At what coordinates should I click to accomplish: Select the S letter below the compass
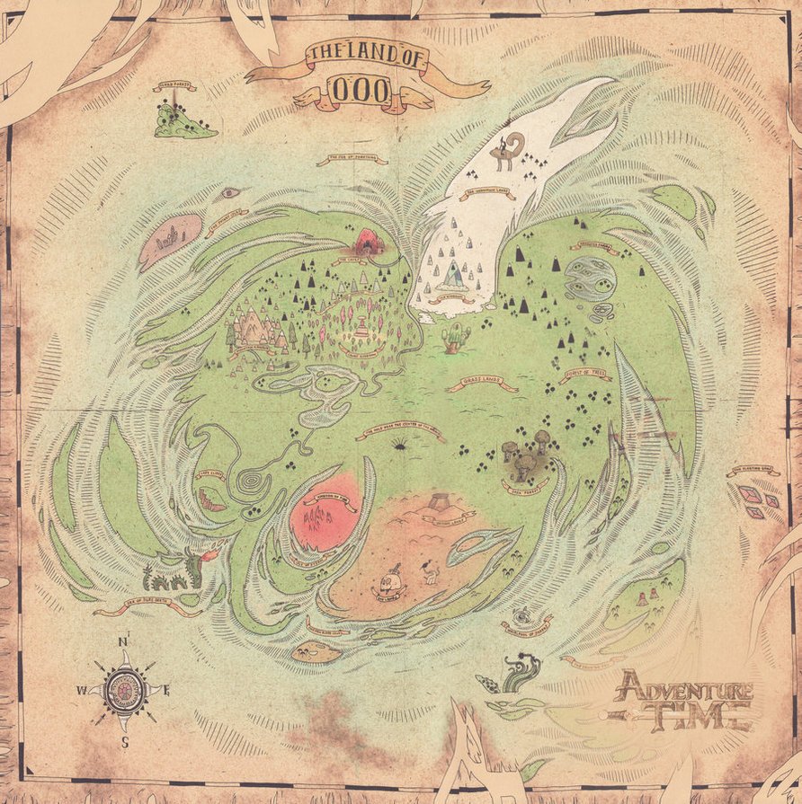pos(125,742)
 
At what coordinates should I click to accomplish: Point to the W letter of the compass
pos(81,690)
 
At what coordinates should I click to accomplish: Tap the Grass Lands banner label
pos(484,384)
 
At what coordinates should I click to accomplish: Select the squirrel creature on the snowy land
pos(506,150)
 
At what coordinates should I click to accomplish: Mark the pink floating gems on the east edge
pos(758,499)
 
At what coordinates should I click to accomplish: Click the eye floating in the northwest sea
pos(231,192)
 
